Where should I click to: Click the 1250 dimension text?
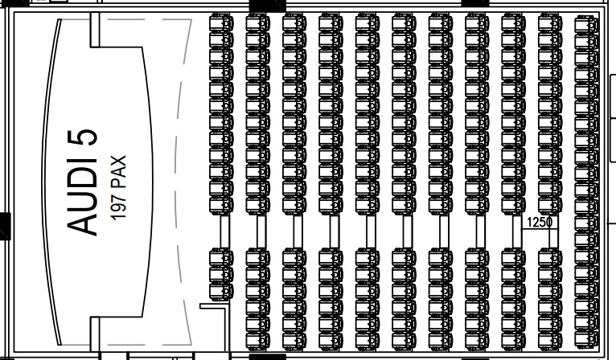coord(539,222)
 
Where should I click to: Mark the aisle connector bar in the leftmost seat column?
coord(224,232)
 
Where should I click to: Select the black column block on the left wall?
coord(4,226)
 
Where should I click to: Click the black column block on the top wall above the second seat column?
coord(267,5)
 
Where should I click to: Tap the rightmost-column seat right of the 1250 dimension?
coord(586,220)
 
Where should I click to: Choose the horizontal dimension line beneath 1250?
coord(539,229)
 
